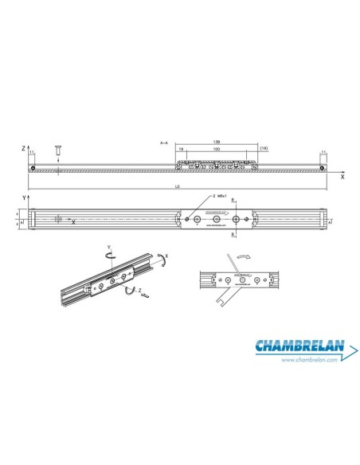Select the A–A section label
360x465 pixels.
pos(164,143)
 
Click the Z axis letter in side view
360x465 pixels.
pos(25,149)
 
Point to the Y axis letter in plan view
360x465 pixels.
pos(25,196)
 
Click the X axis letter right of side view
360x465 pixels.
pos(342,178)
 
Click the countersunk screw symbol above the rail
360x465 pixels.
pos(57,150)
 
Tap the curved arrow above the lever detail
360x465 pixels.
pos(243,258)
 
